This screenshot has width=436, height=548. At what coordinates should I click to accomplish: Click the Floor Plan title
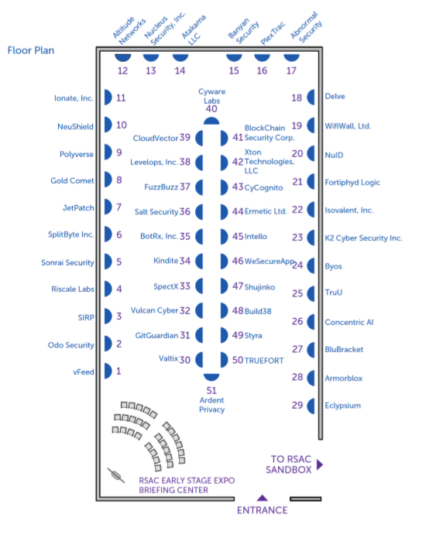click(31, 50)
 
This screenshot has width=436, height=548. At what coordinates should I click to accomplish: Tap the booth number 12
click(122, 71)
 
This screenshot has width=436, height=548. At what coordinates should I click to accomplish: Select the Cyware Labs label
click(212, 96)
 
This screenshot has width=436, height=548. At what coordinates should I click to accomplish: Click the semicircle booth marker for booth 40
click(211, 122)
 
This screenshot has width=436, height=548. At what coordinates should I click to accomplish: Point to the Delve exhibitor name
click(335, 97)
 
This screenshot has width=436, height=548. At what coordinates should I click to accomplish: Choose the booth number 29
click(297, 406)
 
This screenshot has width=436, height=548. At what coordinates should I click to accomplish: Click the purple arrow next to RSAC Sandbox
click(320, 465)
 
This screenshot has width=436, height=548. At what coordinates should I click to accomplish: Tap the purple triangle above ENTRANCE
click(263, 498)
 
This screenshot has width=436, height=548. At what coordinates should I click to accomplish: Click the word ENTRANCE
click(263, 511)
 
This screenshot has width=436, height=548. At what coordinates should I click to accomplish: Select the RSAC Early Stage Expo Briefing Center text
click(187, 485)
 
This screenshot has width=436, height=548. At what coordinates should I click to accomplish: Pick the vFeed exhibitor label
click(84, 372)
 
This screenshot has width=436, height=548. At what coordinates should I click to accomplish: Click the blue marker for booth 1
click(108, 372)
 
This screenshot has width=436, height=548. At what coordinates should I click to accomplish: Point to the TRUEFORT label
click(264, 361)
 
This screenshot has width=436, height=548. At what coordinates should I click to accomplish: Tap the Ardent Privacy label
click(212, 405)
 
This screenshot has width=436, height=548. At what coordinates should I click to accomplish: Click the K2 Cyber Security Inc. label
click(364, 238)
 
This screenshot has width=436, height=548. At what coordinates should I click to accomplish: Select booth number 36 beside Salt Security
click(185, 212)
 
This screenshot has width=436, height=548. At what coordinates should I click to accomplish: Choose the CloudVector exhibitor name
click(156, 139)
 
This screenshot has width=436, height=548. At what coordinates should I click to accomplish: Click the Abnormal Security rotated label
click(306, 27)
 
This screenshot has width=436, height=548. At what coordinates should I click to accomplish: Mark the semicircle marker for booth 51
click(211, 377)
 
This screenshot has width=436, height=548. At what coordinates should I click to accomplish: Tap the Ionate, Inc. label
click(74, 98)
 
